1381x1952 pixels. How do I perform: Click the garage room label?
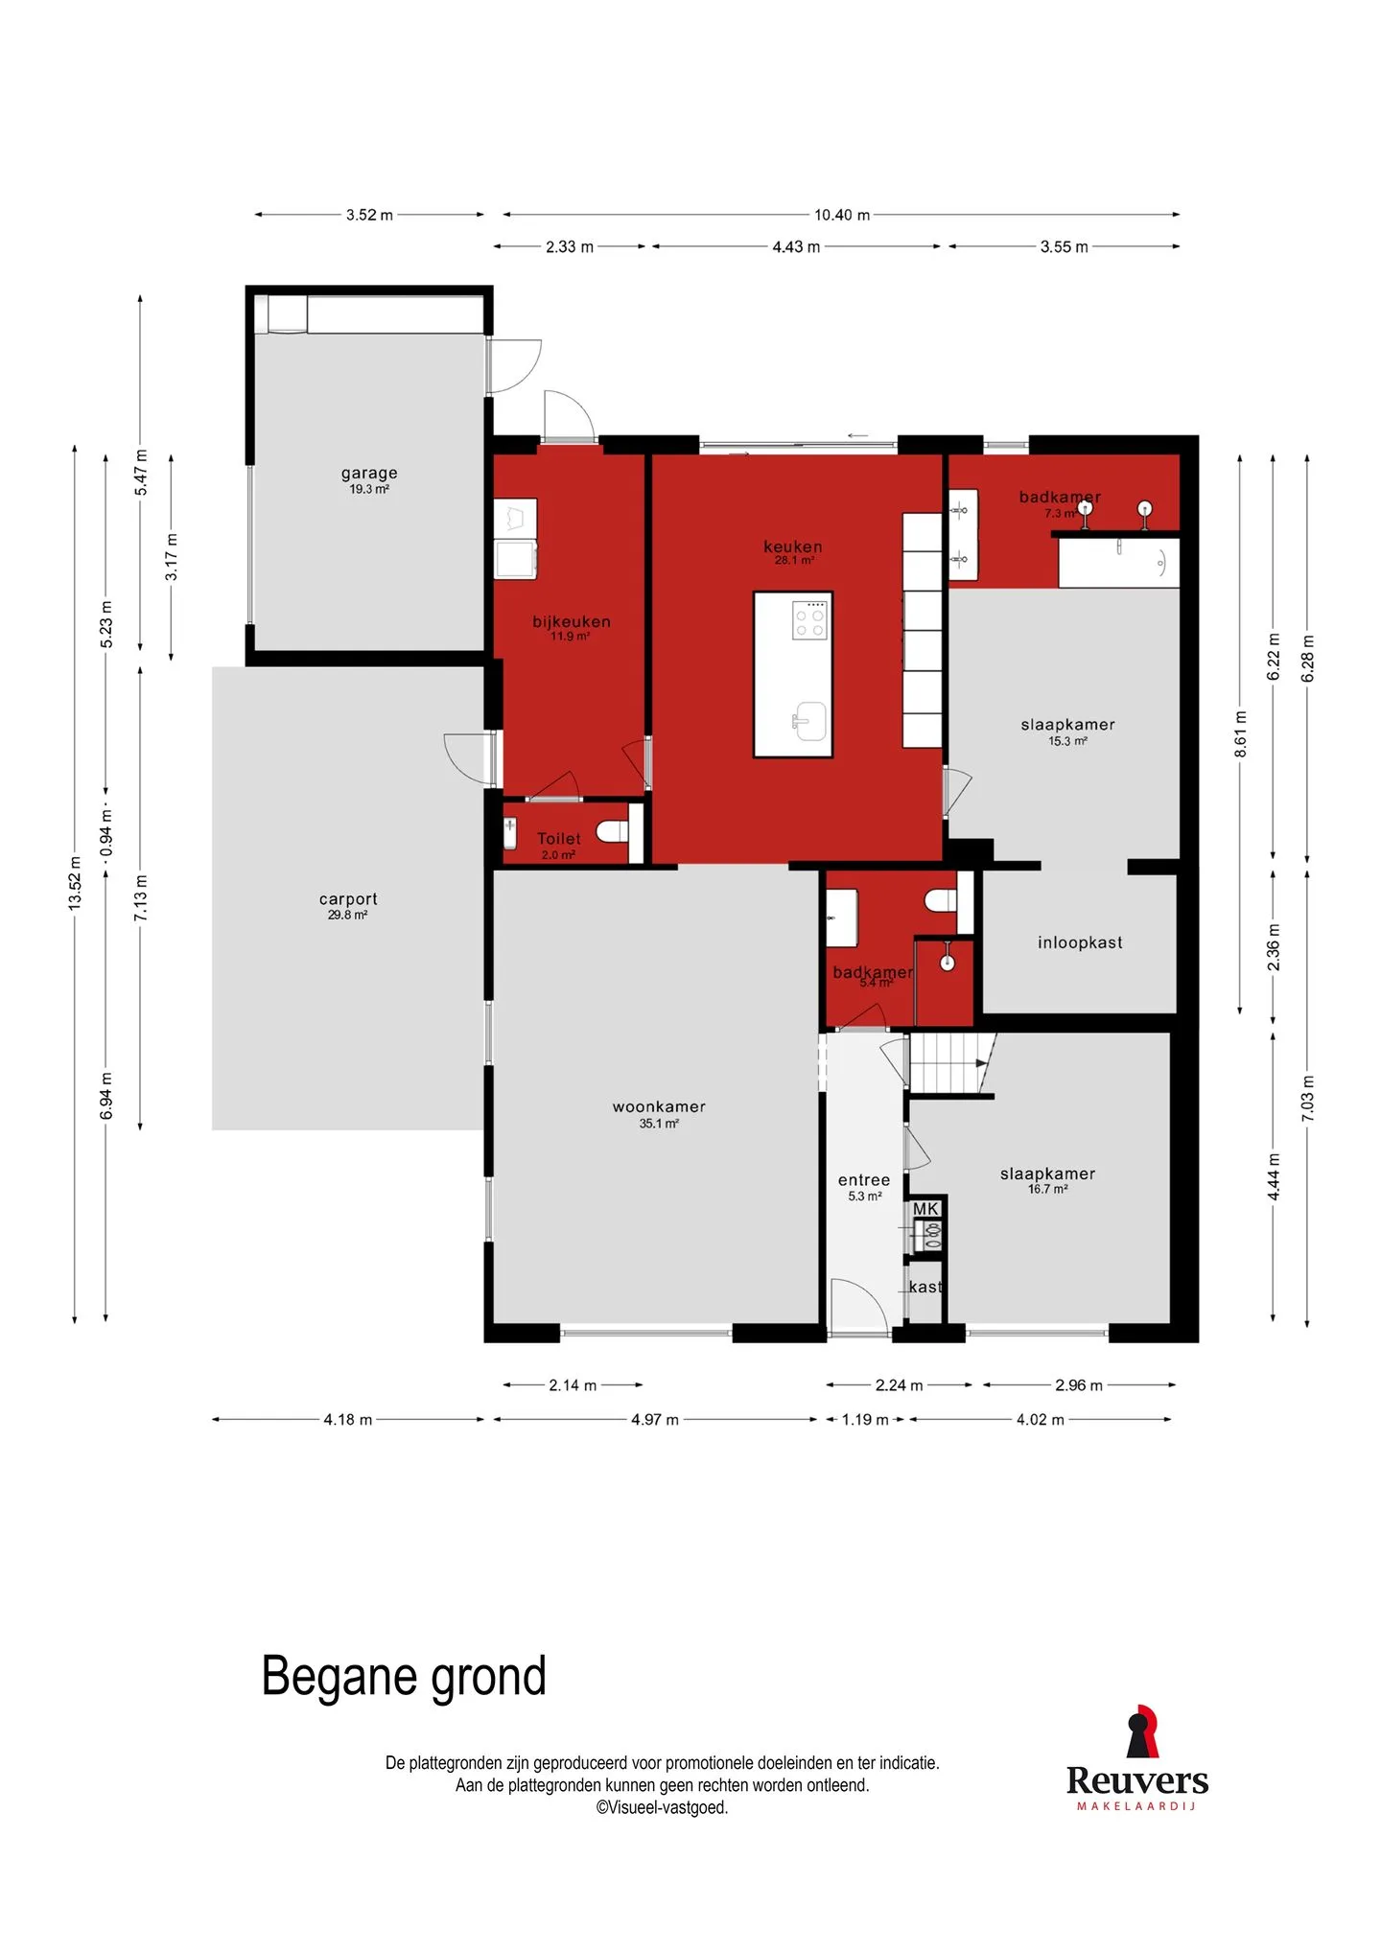[369, 473]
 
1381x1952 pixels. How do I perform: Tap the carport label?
[348, 898]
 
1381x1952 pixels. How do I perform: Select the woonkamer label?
[659, 1106]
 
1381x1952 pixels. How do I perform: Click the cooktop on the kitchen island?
[809, 619]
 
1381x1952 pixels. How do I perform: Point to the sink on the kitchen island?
[810, 721]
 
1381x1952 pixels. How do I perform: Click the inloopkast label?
[1080, 942]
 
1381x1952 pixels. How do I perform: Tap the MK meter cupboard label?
[925, 1209]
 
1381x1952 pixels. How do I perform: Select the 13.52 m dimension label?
[75, 883]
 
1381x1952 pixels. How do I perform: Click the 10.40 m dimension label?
[842, 215]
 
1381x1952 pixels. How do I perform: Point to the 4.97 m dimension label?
[655, 1420]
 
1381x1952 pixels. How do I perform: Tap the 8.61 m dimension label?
[1241, 733]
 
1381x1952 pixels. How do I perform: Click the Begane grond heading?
[404, 1677]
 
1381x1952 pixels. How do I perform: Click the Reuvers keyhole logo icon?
[1140, 1731]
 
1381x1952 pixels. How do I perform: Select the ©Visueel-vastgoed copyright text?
[662, 1807]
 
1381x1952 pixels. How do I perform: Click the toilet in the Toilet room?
[613, 830]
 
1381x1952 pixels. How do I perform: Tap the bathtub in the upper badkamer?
[1118, 563]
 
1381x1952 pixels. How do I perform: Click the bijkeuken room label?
[572, 621]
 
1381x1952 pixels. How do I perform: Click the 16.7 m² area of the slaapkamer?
[1048, 1189]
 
